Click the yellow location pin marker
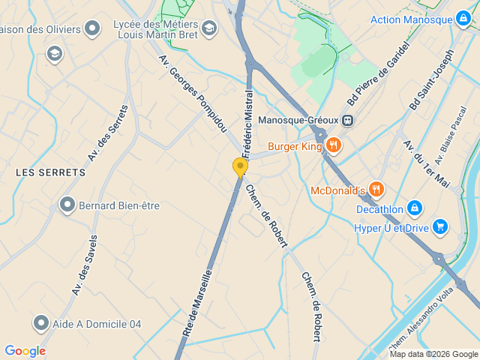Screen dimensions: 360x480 click(x=240, y=166)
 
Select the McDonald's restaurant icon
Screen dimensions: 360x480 click(x=377, y=190)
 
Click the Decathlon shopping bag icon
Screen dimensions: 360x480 click(x=415, y=208)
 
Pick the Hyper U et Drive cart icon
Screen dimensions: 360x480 click(x=439, y=226)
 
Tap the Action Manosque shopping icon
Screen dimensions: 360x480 click(x=464, y=19)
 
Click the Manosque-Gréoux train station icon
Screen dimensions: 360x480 click(x=347, y=120)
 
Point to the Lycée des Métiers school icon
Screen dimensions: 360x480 click(x=208, y=29)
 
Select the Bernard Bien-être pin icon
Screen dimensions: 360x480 click(x=67, y=205)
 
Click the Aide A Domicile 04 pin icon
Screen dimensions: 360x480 click(x=41, y=323)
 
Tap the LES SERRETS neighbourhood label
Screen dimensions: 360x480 click(x=50, y=172)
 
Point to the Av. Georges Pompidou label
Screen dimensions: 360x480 click(x=193, y=94)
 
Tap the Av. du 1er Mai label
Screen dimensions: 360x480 click(x=426, y=163)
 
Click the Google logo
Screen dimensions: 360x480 click(x=25, y=351)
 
